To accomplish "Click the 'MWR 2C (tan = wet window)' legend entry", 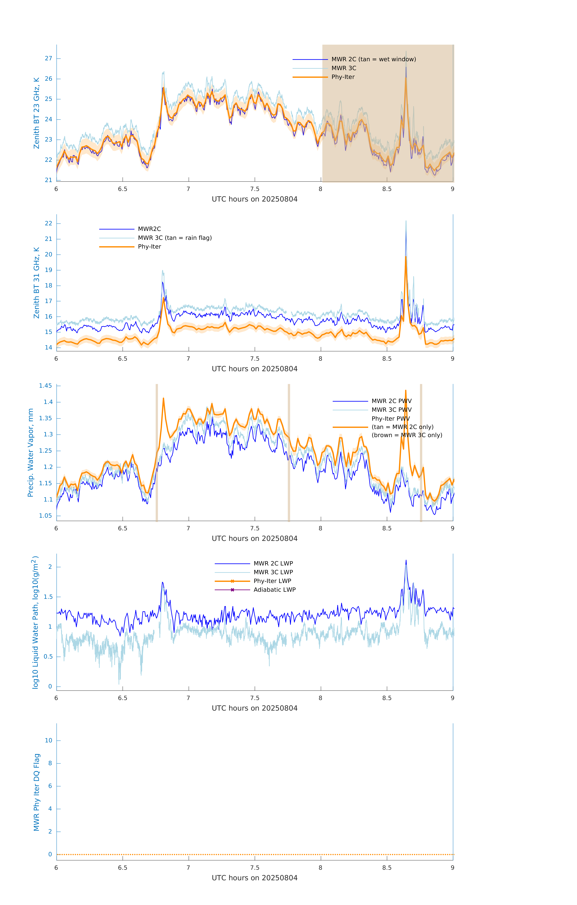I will (x=373, y=59).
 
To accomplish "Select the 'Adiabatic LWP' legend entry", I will (x=274, y=590).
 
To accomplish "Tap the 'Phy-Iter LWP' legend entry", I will (x=272, y=581).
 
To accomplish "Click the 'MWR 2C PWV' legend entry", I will (x=391, y=401).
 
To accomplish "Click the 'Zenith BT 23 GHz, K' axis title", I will (x=37, y=113).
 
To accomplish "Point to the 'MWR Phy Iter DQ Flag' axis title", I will (x=37, y=792).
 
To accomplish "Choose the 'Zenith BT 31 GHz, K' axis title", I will (x=37, y=283).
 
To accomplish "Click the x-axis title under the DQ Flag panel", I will (x=254, y=878).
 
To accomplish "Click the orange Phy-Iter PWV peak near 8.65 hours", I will (x=406, y=391).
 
